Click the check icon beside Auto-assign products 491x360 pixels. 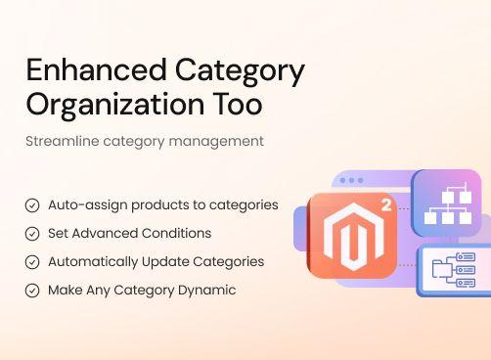pos(32,205)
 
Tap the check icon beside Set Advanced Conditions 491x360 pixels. pos(32,234)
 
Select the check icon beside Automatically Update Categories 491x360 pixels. pos(32,262)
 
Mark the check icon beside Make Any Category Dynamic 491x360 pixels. pos(32,291)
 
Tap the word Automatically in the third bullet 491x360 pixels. pos(94,262)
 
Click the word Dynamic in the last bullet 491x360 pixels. pos(207,291)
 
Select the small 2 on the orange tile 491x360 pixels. pos(387,206)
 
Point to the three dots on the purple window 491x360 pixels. pos(350,182)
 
